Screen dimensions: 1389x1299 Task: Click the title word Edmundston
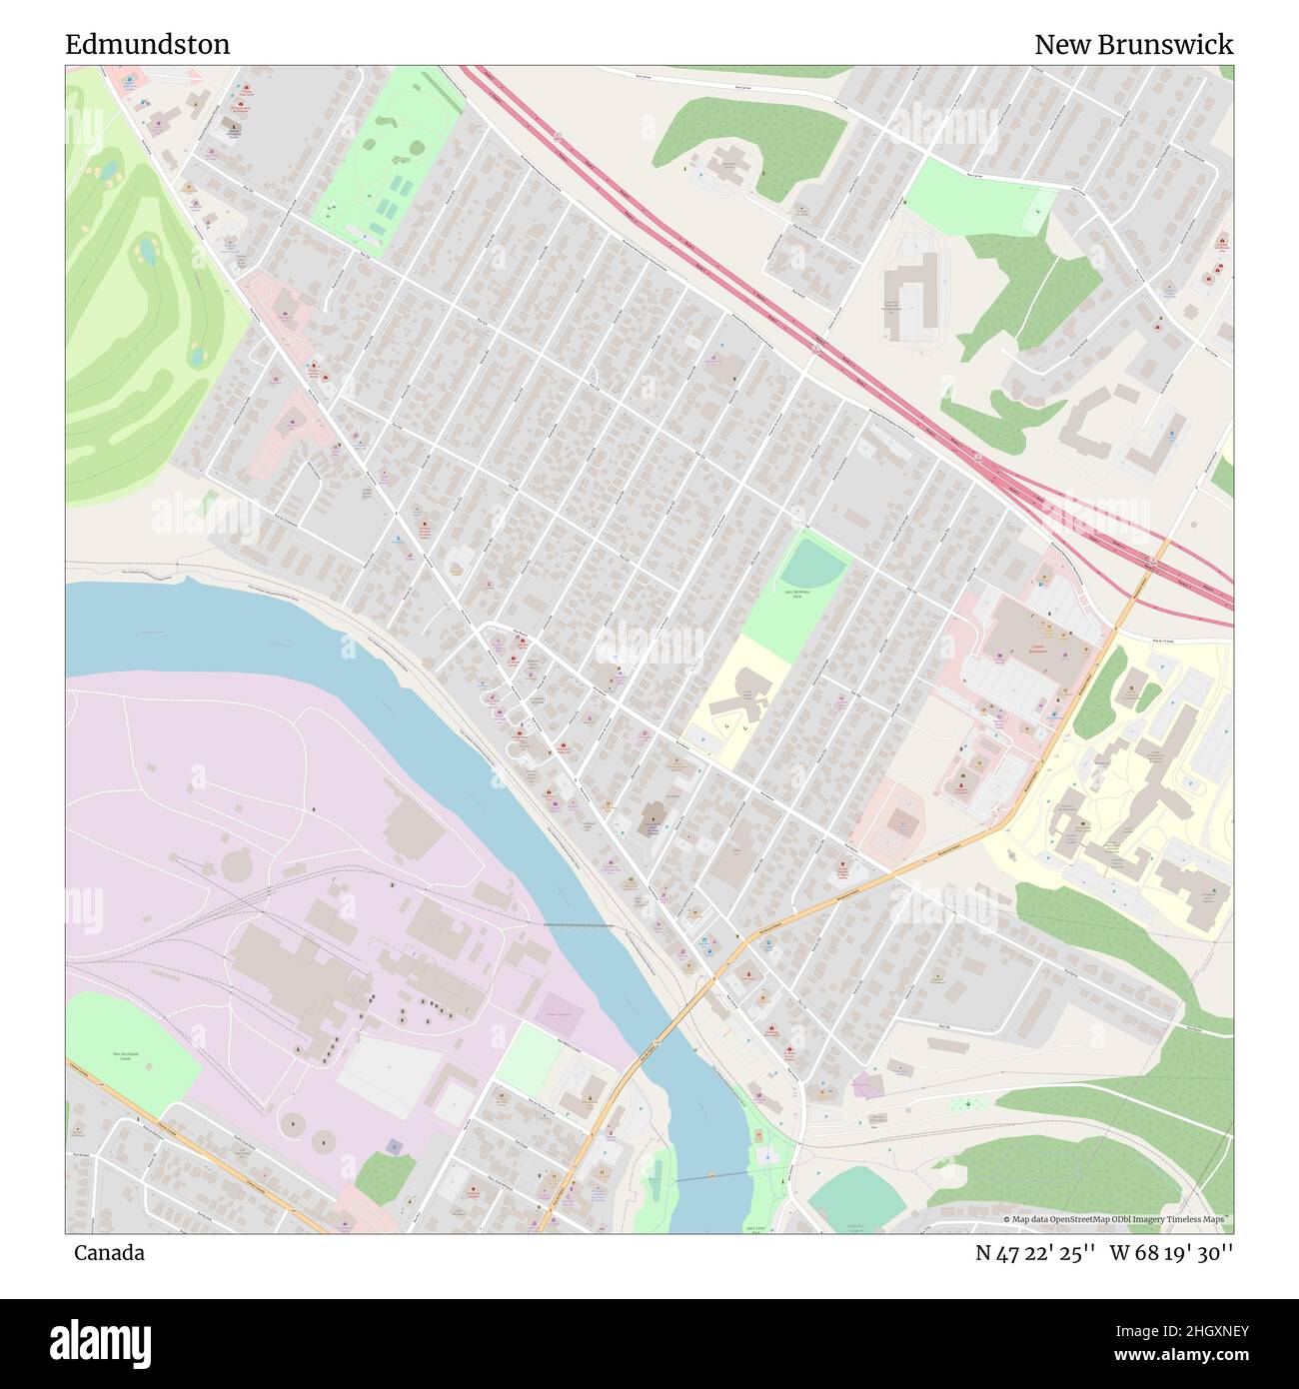(147, 44)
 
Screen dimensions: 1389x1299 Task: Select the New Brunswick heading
(1133, 44)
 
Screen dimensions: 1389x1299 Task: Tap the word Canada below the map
(109, 1253)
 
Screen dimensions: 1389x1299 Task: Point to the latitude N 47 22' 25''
(1034, 1253)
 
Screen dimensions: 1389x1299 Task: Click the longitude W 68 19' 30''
(1171, 1253)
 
